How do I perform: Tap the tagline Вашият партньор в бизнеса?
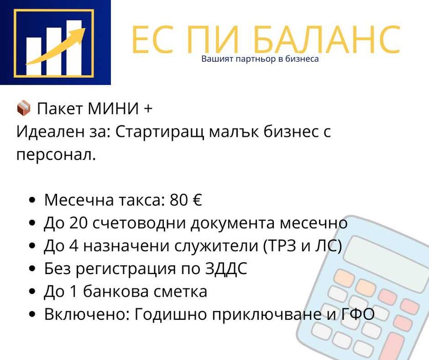click(x=260, y=59)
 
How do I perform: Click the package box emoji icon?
click(x=24, y=109)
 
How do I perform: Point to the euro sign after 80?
click(x=197, y=200)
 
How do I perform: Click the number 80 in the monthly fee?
click(x=179, y=200)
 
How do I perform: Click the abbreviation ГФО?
click(x=358, y=314)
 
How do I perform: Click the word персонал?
click(x=56, y=154)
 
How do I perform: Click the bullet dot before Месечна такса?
click(x=33, y=201)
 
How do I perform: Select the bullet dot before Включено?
click(x=33, y=314)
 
